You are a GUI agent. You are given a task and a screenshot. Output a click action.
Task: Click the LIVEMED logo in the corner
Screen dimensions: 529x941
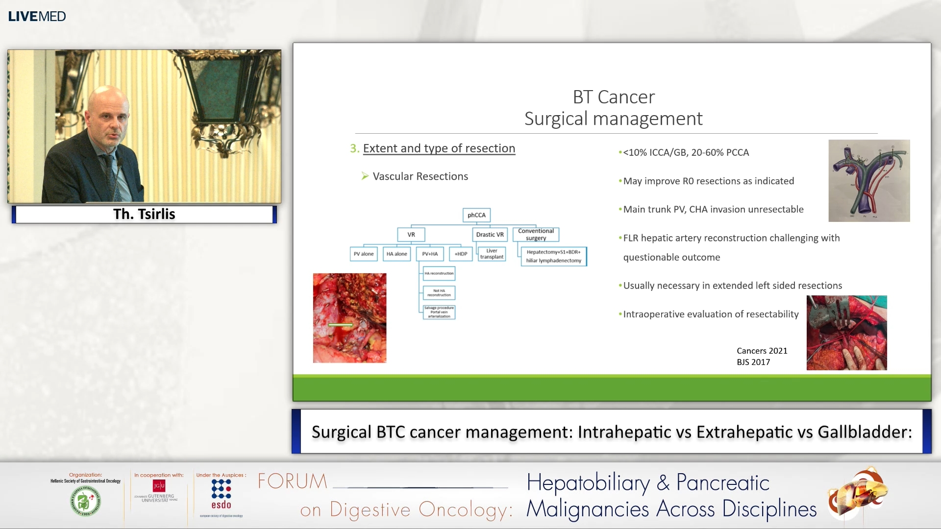point(37,16)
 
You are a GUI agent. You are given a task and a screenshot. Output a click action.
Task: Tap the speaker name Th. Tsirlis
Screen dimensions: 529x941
point(144,214)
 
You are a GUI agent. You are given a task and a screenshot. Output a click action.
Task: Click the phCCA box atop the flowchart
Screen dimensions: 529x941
point(476,215)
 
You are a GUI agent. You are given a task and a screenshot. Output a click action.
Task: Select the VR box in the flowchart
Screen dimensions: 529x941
point(411,235)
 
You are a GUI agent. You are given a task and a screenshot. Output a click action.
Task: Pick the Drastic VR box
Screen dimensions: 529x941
point(490,235)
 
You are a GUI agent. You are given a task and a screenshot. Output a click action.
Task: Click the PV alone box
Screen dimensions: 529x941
point(364,254)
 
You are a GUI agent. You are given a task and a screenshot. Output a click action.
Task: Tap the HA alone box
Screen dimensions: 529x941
point(396,254)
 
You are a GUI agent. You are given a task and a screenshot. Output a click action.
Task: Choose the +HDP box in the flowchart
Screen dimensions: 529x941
point(461,254)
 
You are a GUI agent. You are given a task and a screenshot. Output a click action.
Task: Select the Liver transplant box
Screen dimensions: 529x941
point(492,254)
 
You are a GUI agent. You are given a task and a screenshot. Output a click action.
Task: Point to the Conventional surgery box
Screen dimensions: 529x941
point(536,234)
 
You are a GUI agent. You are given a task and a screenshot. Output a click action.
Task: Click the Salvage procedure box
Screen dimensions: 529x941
point(439,312)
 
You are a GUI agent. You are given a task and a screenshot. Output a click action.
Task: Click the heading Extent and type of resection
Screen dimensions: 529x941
point(439,148)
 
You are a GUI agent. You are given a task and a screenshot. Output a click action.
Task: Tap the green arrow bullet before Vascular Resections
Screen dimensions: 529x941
point(365,176)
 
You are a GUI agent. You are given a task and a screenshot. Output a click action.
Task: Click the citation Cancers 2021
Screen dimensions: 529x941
point(762,351)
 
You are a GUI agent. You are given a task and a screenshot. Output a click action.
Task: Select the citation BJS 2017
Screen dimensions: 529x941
point(753,362)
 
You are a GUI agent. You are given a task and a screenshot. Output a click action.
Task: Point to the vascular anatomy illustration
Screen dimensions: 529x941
point(869,181)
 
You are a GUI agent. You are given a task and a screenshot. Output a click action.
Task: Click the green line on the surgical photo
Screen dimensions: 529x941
point(340,325)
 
